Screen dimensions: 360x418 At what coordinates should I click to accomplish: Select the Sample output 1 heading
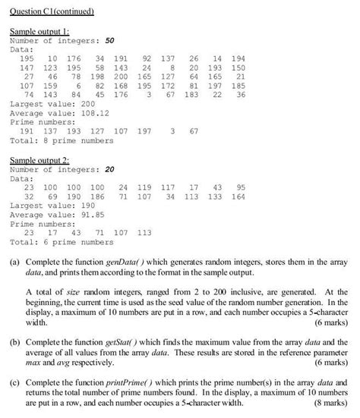[39, 31]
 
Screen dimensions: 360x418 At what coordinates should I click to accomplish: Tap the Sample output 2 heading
[39, 161]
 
